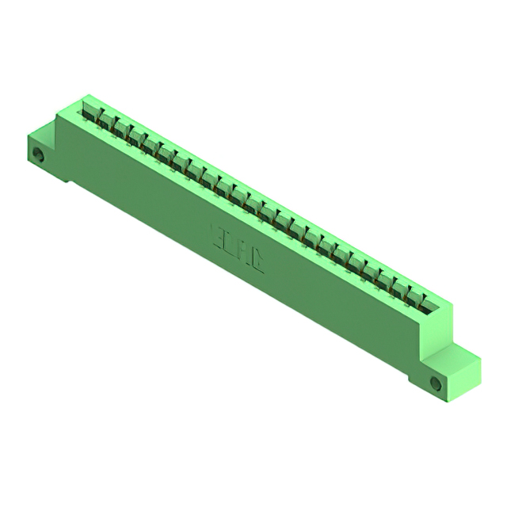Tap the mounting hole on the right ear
(x=435, y=383)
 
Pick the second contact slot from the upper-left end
(x=105, y=118)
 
